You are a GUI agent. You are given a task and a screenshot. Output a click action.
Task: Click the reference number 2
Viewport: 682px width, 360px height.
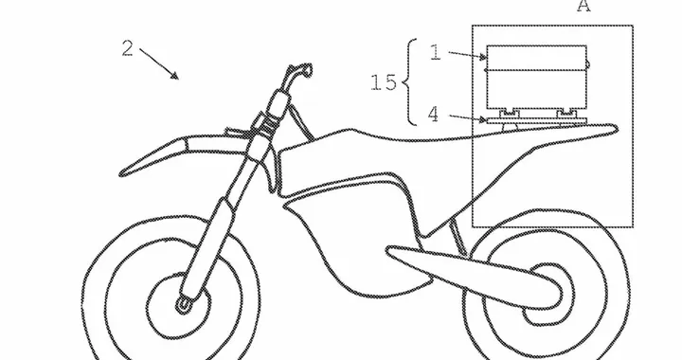(x=128, y=47)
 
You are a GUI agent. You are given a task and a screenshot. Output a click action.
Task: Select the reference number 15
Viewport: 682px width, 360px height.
(x=384, y=82)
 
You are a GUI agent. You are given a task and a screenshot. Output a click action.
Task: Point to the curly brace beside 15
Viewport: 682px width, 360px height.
(x=408, y=82)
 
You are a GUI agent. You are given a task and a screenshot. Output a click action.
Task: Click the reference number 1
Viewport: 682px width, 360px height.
(x=435, y=53)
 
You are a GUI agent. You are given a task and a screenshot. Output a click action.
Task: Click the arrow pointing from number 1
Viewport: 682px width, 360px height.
(x=464, y=55)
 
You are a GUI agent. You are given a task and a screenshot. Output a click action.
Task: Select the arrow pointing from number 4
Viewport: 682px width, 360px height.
(x=467, y=117)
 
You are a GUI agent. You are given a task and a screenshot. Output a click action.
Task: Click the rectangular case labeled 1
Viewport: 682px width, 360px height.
(x=535, y=78)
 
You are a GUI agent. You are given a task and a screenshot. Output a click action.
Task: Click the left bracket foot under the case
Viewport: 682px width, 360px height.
(x=511, y=113)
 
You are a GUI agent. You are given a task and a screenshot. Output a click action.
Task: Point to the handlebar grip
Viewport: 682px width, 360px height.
(x=301, y=69)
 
